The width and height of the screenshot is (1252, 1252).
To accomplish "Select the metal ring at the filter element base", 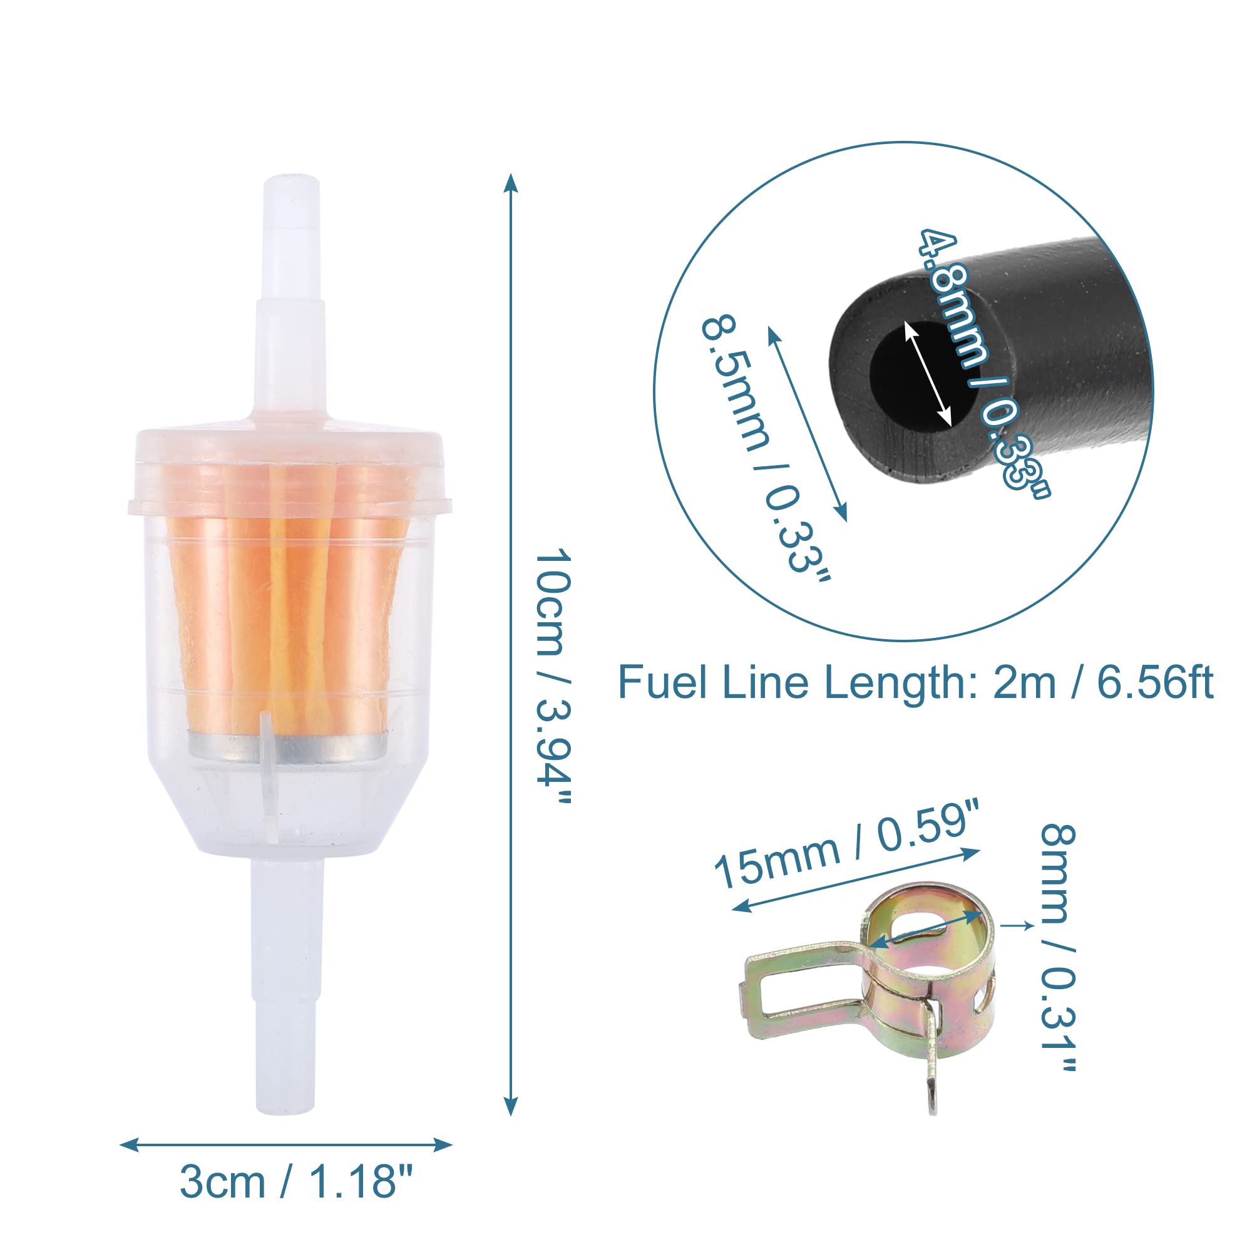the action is click(x=289, y=744).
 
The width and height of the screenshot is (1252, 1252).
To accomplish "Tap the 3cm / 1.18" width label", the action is click(x=296, y=1181).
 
